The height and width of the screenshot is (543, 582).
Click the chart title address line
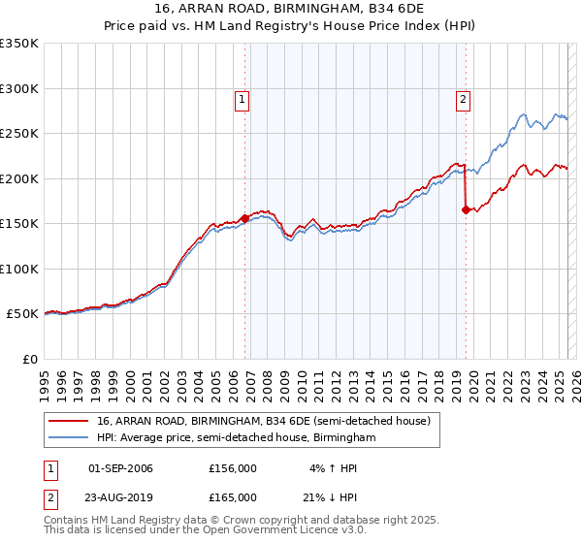pyautogui.click(x=290, y=7)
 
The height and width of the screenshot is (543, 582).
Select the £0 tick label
pyautogui.click(x=31, y=359)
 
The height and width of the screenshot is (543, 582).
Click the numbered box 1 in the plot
pyautogui.click(x=241, y=98)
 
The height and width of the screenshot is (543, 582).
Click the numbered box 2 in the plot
pyautogui.click(x=464, y=98)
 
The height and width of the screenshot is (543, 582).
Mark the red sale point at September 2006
pyautogui.click(x=244, y=219)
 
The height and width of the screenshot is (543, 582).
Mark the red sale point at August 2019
pyautogui.click(x=467, y=209)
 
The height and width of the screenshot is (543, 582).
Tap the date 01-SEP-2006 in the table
pyautogui.click(x=120, y=468)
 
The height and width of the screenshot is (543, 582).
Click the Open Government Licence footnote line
pyautogui.click(x=205, y=530)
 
